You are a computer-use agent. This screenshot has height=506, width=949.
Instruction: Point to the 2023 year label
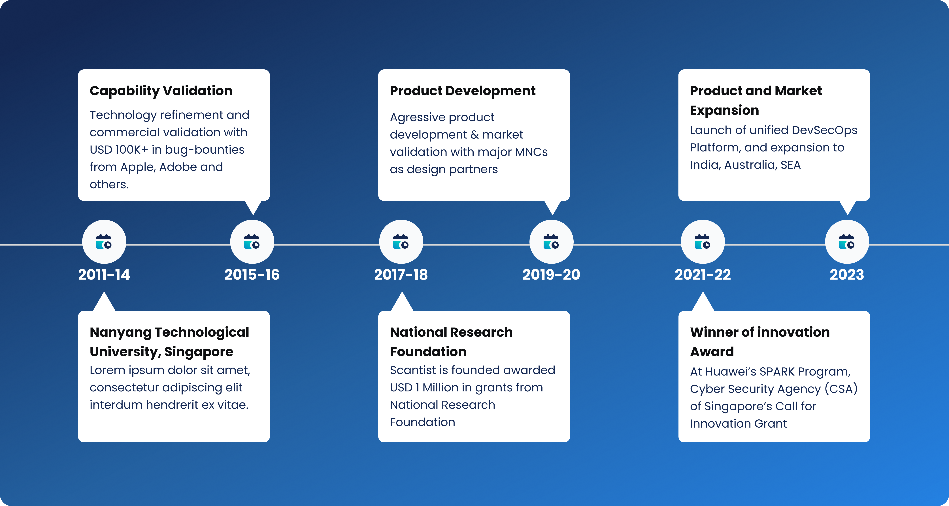click(x=847, y=275)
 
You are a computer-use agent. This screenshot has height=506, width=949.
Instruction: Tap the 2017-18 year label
click(x=401, y=275)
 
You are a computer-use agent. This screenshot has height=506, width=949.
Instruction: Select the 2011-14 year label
click(x=104, y=275)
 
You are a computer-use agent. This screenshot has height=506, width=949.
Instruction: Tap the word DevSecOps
click(x=824, y=130)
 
